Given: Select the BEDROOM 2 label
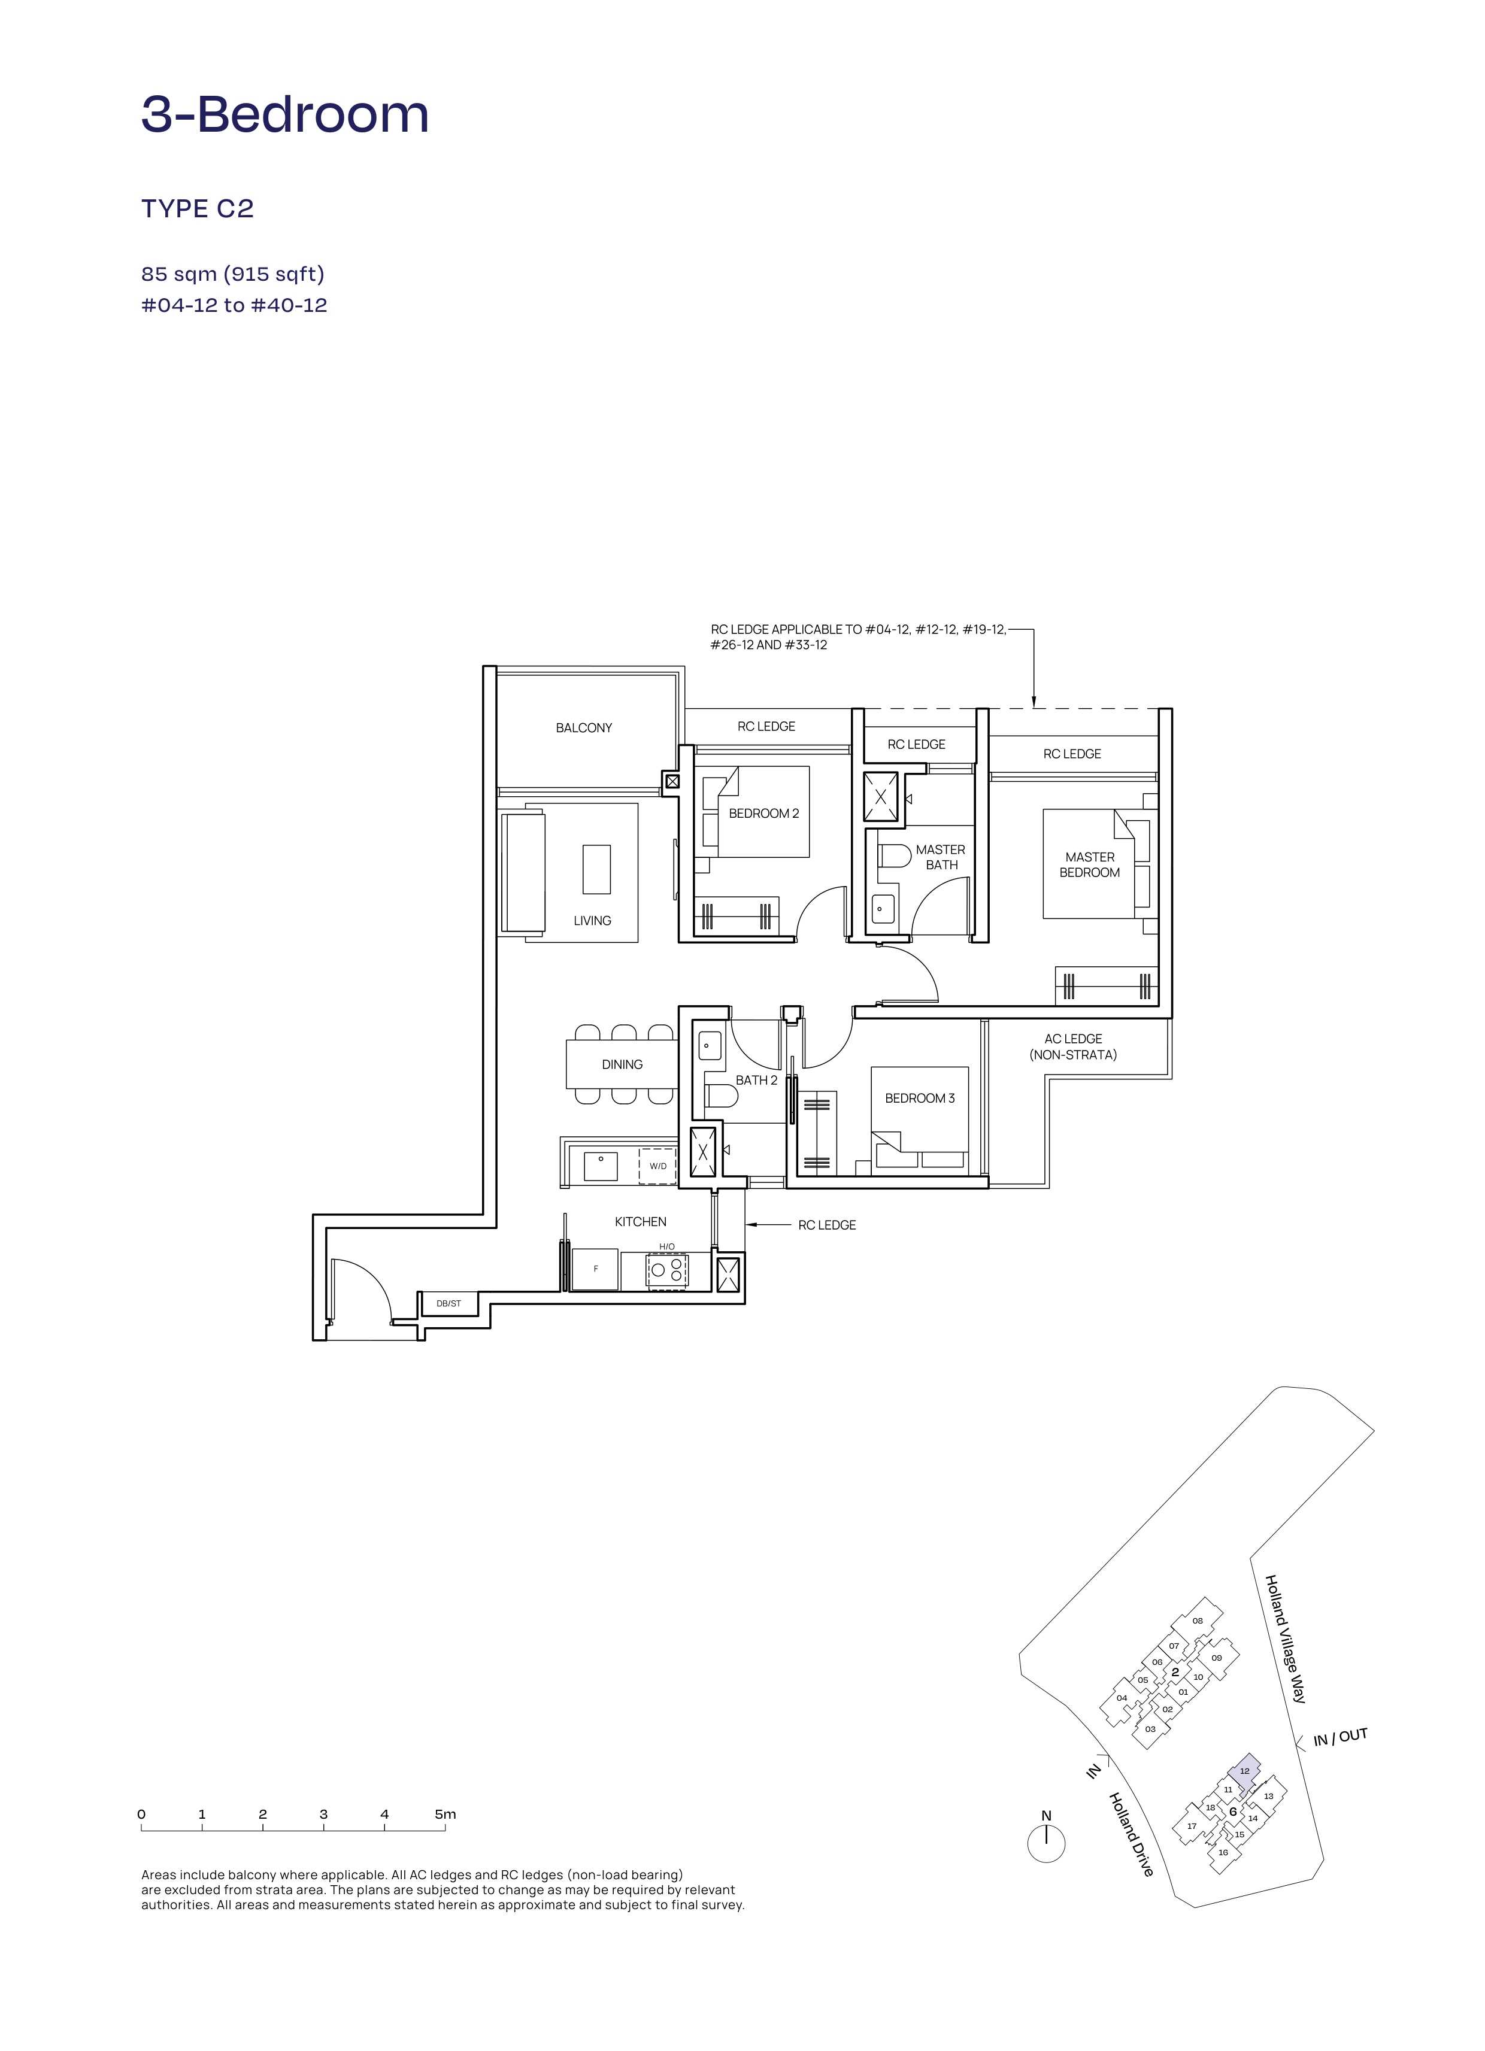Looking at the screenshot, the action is click(x=763, y=814).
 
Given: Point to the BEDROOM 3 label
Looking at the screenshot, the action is click(x=920, y=1098).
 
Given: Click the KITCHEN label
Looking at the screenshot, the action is click(x=640, y=1222).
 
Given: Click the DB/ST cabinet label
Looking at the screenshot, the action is click(x=448, y=1303).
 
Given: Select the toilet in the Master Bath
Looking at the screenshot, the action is click(x=893, y=855).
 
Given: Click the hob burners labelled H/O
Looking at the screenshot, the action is click(x=666, y=1270).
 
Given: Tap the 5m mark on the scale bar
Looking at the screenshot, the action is click(x=444, y=1814).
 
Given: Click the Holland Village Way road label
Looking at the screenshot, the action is click(x=1285, y=1639).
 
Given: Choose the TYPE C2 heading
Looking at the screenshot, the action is click(x=197, y=209).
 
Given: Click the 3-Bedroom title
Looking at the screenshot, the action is click(x=285, y=115).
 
